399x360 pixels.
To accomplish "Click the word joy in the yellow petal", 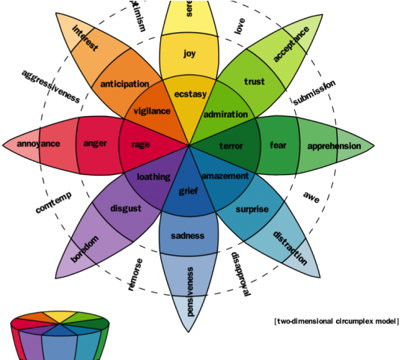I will [189, 54].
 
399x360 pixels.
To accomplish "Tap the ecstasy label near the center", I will [190, 94].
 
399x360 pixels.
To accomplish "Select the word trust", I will [255, 81].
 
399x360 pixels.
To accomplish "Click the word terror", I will [233, 145].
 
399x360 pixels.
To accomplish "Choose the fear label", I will [278, 145].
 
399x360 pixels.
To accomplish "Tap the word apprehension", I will [334, 146].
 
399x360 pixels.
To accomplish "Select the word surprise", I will [252, 209].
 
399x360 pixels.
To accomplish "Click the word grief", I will [188, 191].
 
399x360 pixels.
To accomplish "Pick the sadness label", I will [188, 236].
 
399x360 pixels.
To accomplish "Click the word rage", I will [141, 144].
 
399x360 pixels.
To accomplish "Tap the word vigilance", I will [152, 111].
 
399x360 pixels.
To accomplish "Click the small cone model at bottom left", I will [57, 338].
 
